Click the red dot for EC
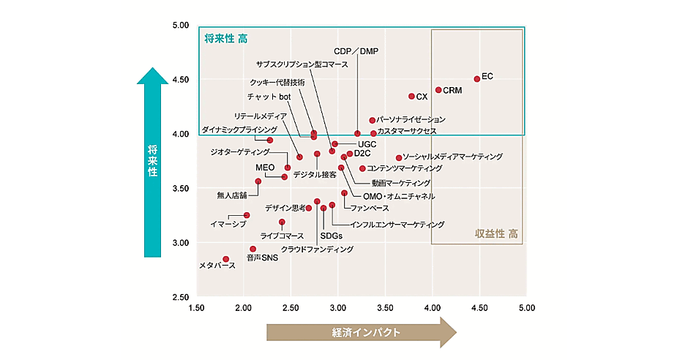(476, 78)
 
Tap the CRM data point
(438, 90)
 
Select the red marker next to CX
(411, 96)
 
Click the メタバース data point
(226, 259)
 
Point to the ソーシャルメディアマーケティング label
(452, 157)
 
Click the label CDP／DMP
(356, 51)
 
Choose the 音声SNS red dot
(253, 249)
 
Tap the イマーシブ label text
(228, 224)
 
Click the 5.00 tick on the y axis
(180, 25)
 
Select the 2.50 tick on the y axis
(180, 297)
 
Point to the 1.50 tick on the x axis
(196, 309)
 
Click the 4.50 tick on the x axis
(479, 309)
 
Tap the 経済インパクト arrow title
(362, 332)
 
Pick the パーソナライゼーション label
(411, 119)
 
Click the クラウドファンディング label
(317, 250)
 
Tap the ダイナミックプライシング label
(239, 130)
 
